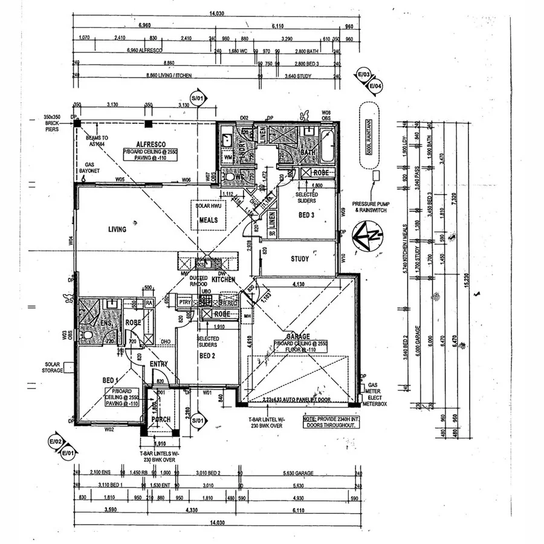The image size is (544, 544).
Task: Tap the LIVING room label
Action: click(x=117, y=230)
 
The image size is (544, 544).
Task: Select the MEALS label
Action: click(x=208, y=221)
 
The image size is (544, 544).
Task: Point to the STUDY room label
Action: click(x=299, y=259)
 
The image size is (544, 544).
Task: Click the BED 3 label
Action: click(x=306, y=215)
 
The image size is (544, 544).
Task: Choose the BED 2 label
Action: click(x=207, y=356)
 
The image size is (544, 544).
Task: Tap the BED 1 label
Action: click(x=109, y=380)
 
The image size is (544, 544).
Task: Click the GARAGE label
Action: click(x=298, y=336)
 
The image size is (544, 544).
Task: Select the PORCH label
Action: click(x=160, y=419)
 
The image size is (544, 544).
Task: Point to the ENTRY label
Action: click(x=159, y=364)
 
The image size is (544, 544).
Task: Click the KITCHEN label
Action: click(x=223, y=280)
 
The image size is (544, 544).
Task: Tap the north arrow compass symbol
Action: click(x=367, y=235)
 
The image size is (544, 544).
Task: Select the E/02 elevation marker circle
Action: click(x=56, y=442)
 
